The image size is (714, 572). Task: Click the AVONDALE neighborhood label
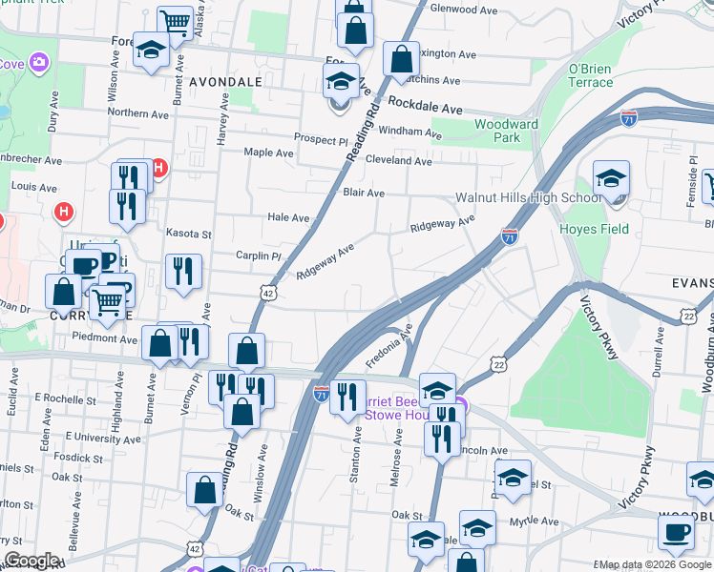coord(225,82)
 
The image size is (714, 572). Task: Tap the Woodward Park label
coord(507,131)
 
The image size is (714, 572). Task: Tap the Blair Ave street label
coord(363,193)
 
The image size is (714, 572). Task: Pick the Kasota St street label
coord(188,233)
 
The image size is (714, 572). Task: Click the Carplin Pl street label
coord(259,255)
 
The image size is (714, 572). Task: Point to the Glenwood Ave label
coord(464,10)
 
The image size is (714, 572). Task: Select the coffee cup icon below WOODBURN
coord(678,533)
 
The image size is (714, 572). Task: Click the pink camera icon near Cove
coord(39,63)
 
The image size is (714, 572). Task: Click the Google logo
coord(31,561)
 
